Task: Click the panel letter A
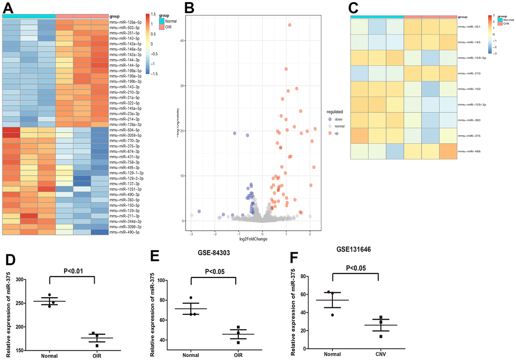[x=8, y=8]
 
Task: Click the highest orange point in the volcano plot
[x=289, y=25]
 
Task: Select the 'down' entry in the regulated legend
[x=330, y=119]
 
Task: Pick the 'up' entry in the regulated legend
[x=329, y=133]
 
